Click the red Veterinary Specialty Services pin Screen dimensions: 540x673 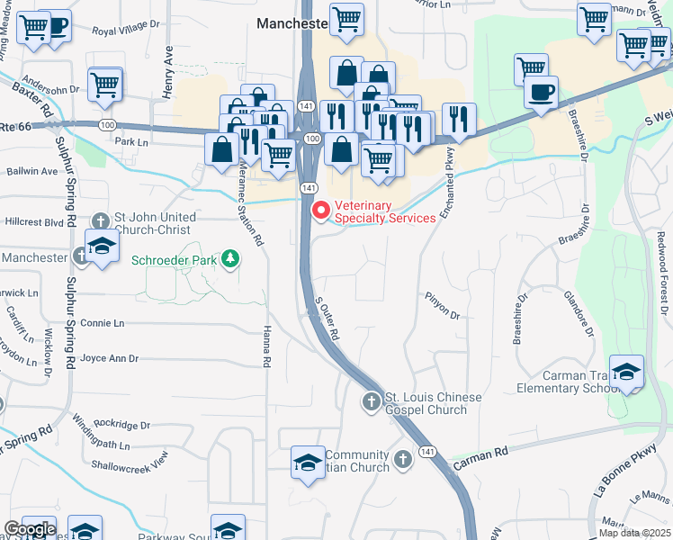coord(320,210)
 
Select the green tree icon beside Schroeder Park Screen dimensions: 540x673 coord(232,260)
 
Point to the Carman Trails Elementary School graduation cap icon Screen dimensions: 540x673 coord(626,372)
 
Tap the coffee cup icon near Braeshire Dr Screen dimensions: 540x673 coord(541,93)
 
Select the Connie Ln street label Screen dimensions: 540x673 coord(102,323)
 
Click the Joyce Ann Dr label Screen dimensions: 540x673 coord(110,358)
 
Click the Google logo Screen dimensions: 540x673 coord(29,529)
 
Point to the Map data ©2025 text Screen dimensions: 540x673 coord(633,533)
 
